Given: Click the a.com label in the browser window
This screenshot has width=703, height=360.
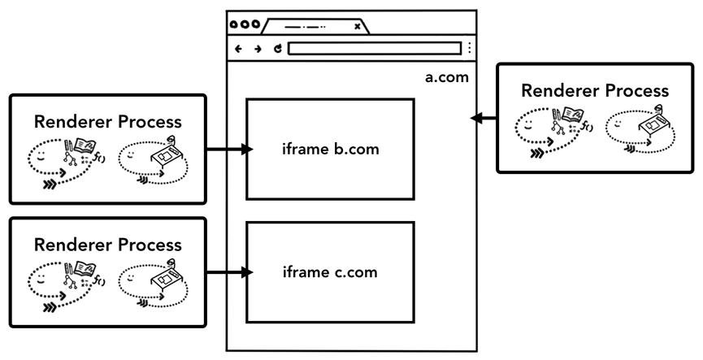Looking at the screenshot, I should pyautogui.click(x=447, y=78).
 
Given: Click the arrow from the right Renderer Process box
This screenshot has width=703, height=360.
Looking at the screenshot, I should pyautogui.click(x=484, y=119).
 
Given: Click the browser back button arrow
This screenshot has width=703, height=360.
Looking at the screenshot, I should pyautogui.click(x=238, y=48).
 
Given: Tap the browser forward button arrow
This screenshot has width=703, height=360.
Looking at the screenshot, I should pyautogui.click(x=258, y=48).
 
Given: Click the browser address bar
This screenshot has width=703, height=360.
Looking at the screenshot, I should pyautogui.click(x=374, y=48).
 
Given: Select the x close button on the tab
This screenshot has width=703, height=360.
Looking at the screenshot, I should pyautogui.click(x=358, y=26).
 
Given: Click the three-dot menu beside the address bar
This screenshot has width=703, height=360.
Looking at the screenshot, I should pyautogui.click(x=469, y=48).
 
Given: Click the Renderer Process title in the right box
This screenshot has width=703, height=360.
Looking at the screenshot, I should pyautogui.click(x=595, y=89).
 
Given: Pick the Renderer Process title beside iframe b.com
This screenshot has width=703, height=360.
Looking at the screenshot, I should pyautogui.click(x=108, y=122).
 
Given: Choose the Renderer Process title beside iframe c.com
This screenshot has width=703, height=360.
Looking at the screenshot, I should pyautogui.click(x=108, y=244).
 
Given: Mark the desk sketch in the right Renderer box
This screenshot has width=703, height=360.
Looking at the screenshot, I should pyautogui.click(x=650, y=122).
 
